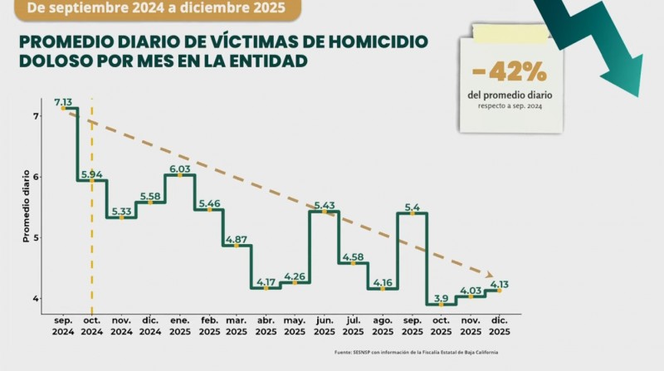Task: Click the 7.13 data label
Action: click(x=63, y=102)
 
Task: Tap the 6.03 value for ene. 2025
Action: click(x=179, y=169)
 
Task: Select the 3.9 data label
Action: click(x=441, y=299)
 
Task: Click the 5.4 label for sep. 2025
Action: click(x=412, y=207)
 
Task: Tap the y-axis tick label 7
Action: click(x=36, y=116)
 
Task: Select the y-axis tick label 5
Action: click(x=36, y=237)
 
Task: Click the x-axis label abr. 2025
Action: click(x=266, y=325)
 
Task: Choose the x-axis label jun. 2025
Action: click(x=324, y=325)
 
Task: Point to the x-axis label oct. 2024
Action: click(x=92, y=325)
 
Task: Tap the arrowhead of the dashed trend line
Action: click(x=490, y=275)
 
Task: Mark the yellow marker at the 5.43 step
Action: click(x=325, y=212)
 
